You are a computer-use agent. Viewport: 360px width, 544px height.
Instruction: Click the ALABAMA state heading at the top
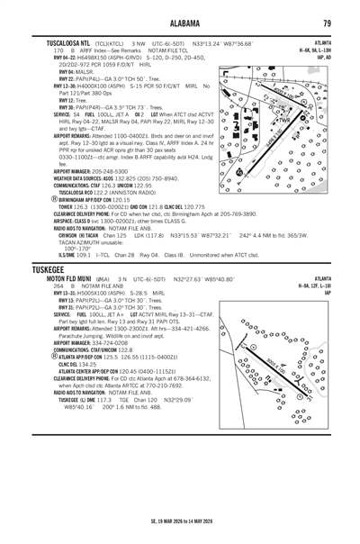coord(180,23)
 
